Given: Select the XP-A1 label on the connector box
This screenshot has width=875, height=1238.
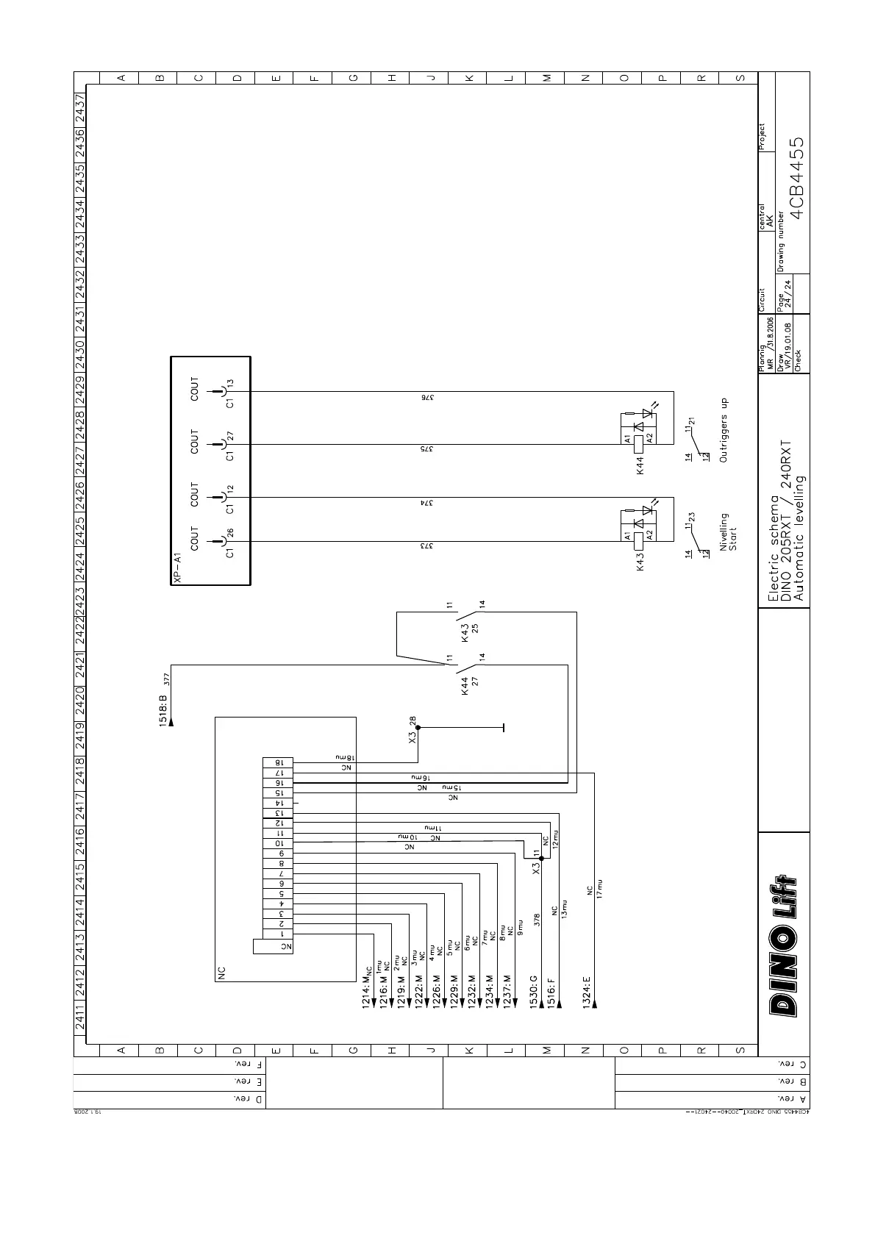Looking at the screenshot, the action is [x=176, y=568].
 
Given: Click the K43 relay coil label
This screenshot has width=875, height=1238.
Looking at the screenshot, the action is [x=640, y=562].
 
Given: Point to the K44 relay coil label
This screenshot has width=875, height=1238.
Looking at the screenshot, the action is [x=640, y=465].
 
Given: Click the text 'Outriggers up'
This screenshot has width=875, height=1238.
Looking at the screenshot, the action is [x=724, y=430].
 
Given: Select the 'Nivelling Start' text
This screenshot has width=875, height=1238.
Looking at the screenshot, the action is [x=728, y=532].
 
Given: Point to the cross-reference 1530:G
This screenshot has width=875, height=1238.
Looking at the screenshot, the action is [x=534, y=992].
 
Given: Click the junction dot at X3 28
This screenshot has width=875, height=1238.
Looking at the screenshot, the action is [x=418, y=728].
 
